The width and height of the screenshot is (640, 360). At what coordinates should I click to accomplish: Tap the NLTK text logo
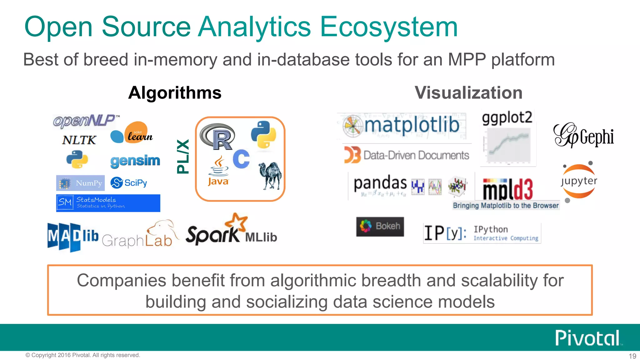pos(79,140)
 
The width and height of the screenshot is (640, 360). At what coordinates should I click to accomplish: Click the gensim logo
pos(135,161)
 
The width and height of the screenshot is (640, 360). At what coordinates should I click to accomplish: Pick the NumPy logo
pos(80,183)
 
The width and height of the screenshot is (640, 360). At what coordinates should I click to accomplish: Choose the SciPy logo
pos(129,183)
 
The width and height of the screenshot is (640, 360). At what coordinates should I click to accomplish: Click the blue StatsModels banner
pos(108,203)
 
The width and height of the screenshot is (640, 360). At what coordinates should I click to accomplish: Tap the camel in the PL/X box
pos(270,176)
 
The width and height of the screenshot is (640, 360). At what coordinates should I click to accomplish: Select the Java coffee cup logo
pos(218,171)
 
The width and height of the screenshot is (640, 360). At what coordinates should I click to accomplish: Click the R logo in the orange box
pos(217,137)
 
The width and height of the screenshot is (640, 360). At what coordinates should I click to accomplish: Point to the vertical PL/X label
pos(183,157)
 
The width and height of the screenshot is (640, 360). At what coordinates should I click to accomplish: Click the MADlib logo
pos(73,237)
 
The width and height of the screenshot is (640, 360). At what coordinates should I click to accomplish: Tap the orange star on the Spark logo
pos(237,221)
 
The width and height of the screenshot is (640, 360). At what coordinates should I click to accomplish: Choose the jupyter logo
pos(578,182)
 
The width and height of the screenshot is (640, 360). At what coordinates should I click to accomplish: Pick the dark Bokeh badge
pos(380,226)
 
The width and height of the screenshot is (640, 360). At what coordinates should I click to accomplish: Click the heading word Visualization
pos(468,93)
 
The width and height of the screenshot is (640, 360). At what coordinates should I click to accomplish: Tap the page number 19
pos(632,356)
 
